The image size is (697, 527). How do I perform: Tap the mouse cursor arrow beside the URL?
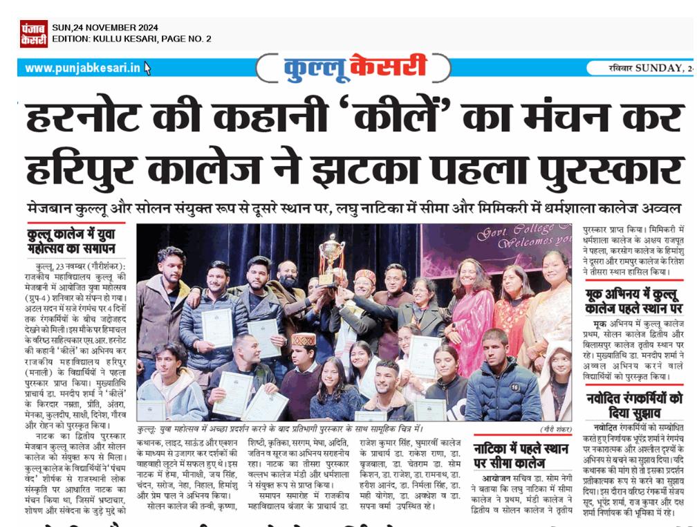coord(147,68)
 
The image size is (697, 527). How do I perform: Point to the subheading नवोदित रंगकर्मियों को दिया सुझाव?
coord(633,405)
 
